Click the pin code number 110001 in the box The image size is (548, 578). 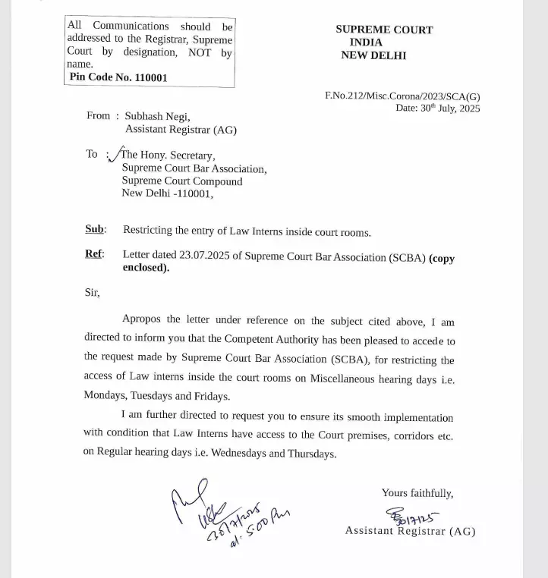point(141,77)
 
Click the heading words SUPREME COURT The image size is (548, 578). point(384,30)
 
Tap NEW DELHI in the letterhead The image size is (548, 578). point(373,55)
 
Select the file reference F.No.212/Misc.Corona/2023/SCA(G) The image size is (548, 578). point(402,96)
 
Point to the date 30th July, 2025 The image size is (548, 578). point(449,108)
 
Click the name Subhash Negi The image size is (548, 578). point(157,116)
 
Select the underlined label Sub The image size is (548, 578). point(95,230)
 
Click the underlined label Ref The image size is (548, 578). point(94,254)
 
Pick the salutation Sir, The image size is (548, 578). point(92,293)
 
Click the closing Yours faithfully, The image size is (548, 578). point(417,493)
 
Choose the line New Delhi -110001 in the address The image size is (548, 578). point(168,193)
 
